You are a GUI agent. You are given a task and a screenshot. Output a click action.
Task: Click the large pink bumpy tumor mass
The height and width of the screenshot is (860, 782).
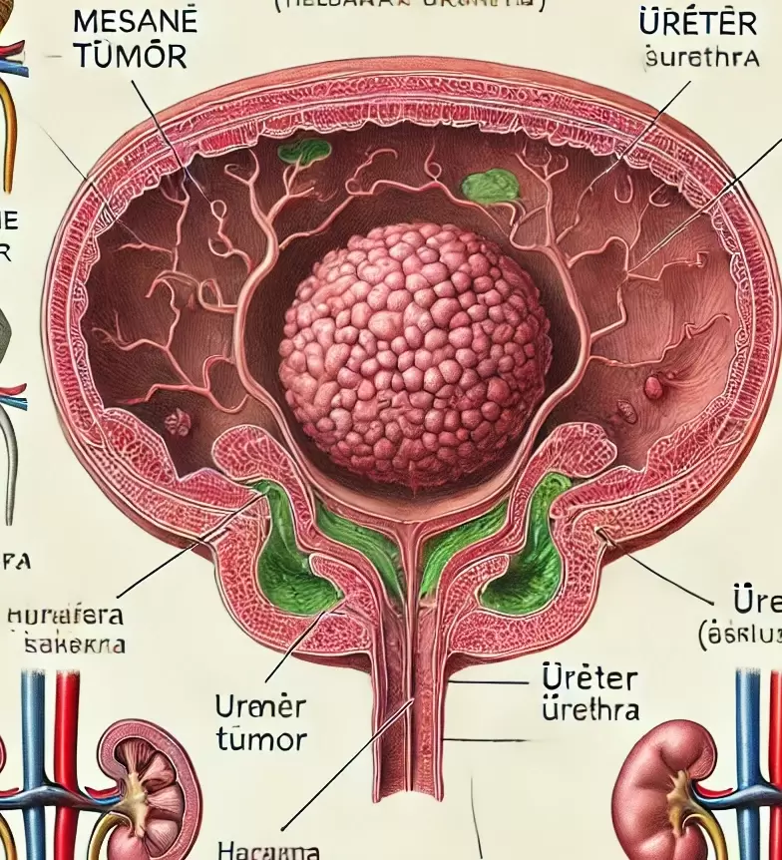[x=414, y=354]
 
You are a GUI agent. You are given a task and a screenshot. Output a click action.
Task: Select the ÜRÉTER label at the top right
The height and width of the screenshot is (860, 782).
[x=685, y=21]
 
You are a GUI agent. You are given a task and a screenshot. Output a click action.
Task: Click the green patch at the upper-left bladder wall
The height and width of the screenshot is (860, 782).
[x=304, y=152]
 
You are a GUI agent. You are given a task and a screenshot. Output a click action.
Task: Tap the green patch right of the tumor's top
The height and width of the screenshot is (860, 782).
[x=493, y=186]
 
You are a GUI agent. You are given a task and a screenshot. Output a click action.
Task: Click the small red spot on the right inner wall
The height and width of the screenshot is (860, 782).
[x=653, y=387]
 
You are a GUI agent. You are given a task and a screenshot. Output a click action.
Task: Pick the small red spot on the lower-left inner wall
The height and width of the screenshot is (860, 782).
[x=178, y=423]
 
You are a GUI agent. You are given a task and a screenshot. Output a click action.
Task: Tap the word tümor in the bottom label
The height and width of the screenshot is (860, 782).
[x=261, y=739]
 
